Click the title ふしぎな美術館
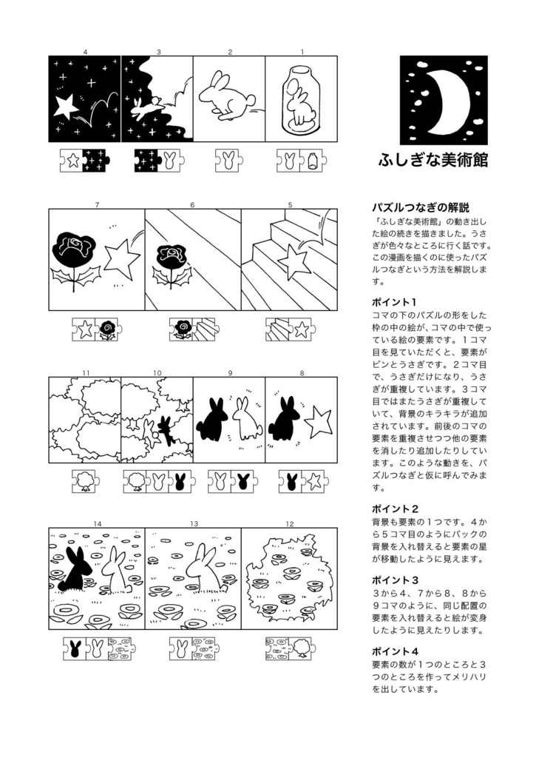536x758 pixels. pos(433,161)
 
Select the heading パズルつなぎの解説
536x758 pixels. pos(420,207)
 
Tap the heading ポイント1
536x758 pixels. pos(395,302)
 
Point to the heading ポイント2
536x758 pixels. pos(395,509)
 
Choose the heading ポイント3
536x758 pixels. pos(395,580)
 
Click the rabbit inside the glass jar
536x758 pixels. pos(300,104)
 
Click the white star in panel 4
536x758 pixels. pos(66,107)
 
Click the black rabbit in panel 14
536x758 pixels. pos(76,569)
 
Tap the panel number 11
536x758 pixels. pos(86,372)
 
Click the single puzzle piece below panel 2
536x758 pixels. pos(229,160)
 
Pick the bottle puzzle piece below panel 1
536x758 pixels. pos(312,160)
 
